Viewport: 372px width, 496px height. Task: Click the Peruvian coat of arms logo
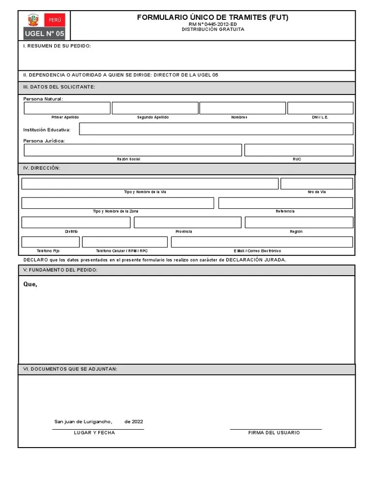tap(33, 20)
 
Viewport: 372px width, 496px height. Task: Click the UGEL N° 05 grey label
tap(44, 33)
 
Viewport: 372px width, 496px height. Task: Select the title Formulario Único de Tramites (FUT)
tap(213, 17)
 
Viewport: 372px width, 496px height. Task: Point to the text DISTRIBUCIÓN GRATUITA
tap(213, 30)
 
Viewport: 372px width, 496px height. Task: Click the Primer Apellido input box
tap(67, 108)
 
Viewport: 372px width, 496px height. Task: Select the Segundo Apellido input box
tap(155, 108)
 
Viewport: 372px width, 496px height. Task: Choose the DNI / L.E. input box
tap(320, 108)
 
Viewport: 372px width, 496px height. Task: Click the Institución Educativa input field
tap(216, 129)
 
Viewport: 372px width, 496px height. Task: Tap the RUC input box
tap(299, 150)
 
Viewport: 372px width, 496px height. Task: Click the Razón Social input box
tap(133, 150)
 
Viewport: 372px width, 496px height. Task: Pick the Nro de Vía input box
tap(317, 184)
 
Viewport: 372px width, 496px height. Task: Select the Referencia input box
tap(286, 203)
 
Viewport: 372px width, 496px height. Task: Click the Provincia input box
tap(187, 222)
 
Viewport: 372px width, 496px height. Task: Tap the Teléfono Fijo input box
tap(50, 242)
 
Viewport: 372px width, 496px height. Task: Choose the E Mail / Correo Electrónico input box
tap(262, 242)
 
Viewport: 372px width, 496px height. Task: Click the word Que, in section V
tap(30, 284)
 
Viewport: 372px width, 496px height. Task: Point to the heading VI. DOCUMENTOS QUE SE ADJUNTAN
tap(70, 369)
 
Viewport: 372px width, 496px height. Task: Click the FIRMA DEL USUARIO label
tap(274, 433)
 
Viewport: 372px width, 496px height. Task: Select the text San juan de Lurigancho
tap(83, 421)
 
